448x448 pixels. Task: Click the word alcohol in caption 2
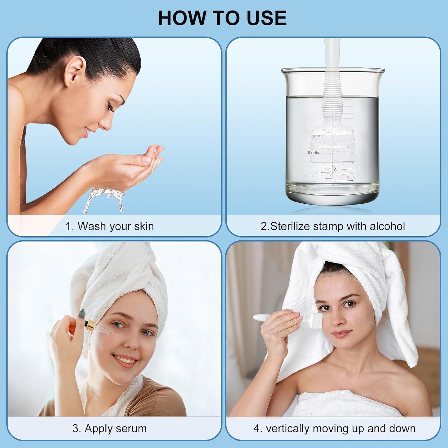click(387, 226)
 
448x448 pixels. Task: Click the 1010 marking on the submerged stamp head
click(316, 136)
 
